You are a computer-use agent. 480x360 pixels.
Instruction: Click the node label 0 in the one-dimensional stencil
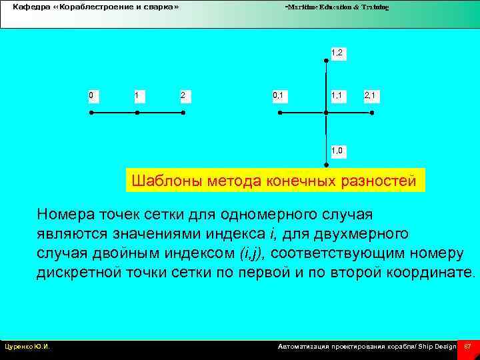coord(91,95)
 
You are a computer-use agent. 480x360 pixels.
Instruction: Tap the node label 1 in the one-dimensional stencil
coord(136,95)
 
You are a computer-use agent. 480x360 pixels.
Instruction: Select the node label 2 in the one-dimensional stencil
coord(183,95)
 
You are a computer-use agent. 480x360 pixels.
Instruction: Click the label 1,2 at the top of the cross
coord(337,52)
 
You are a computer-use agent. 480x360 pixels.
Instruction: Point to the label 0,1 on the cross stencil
coord(278,95)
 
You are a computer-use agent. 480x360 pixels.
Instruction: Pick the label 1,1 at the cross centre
coord(337,95)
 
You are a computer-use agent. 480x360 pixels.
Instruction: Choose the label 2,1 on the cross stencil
coord(370,95)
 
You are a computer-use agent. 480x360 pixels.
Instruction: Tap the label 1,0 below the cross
coord(337,151)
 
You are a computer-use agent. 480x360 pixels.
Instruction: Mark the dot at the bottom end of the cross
coord(326,165)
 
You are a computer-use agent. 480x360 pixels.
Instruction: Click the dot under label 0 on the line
coord(91,113)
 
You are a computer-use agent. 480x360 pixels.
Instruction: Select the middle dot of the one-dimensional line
coord(137,113)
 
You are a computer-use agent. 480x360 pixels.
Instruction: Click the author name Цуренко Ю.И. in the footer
coord(27,347)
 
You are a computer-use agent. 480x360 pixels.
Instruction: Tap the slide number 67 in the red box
coord(467,347)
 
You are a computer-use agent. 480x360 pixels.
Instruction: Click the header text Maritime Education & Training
coord(337,7)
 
